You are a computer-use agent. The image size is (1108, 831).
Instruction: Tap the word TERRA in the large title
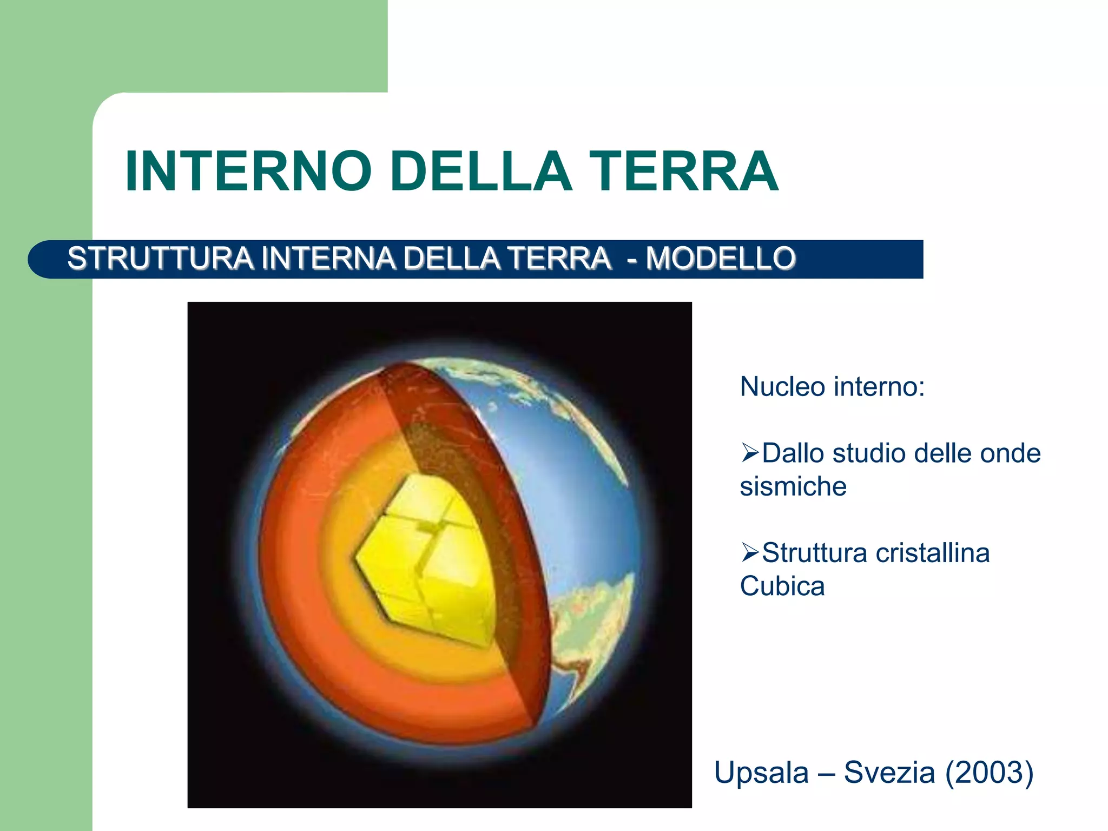pyautogui.click(x=684, y=172)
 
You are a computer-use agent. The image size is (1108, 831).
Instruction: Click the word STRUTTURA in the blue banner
pyautogui.click(x=160, y=258)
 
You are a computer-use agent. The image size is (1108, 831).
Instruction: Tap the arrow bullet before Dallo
pyautogui.click(x=750, y=452)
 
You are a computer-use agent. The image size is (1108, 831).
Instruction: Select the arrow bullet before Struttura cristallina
pyautogui.click(x=750, y=552)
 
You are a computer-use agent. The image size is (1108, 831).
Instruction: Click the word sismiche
pyautogui.click(x=793, y=486)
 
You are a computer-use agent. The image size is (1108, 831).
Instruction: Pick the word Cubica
pyautogui.click(x=782, y=586)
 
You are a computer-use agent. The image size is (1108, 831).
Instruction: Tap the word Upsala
pyautogui.click(x=761, y=772)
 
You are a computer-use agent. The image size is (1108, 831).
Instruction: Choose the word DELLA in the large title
pyautogui.click(x=480, y=172)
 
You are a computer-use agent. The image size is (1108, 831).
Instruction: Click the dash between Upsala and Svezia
pyautogui.click(x=826, y=773)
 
